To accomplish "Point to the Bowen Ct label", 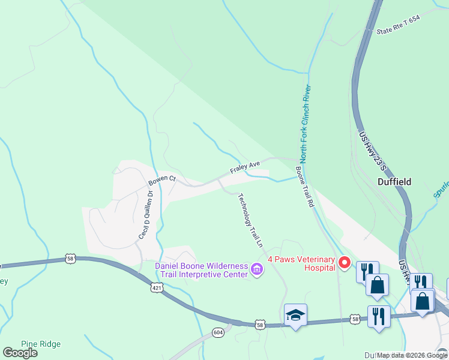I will click(x=162, y=179).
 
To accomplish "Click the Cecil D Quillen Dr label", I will click(x=147, y=215).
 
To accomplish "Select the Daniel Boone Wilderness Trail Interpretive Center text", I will click(x=201, y=270).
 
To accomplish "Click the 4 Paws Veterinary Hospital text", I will click(x=301, y=263).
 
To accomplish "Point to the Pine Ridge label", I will click(x=41, y=344).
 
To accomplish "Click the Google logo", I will click(x=20, y=353).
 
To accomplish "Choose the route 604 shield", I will click(x=217, y=332).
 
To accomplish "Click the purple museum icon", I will click(x=257, y=270).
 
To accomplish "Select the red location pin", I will click(x=345, y=262).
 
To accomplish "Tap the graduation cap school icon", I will click(x=295, y=315).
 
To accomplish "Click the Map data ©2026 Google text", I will click(x=412, y=355).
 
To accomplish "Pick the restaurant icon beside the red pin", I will click(x=367, y=271).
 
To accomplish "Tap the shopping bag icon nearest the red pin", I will click(x=377, y=286).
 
